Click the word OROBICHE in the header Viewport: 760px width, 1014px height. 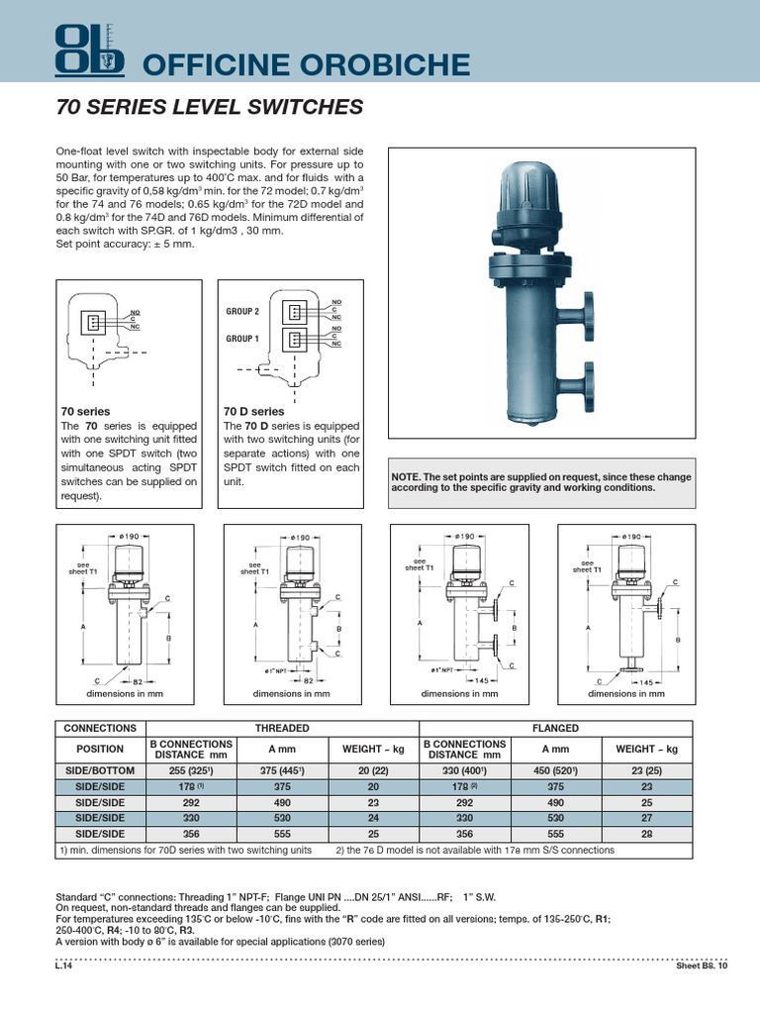(x=387, y=65)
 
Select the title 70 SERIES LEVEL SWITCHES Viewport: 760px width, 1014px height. (x=211, y=108)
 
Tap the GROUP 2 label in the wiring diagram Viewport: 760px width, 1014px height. (x=242, y=311)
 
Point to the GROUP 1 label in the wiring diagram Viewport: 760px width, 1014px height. (x=242, y=339)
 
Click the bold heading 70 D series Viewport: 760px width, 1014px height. (x=253, y=411)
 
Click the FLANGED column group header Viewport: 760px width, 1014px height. (x=555, y=728)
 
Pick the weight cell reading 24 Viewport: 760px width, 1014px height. (x=366, y=818)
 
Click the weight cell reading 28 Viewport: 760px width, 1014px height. (x=648, y=834)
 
